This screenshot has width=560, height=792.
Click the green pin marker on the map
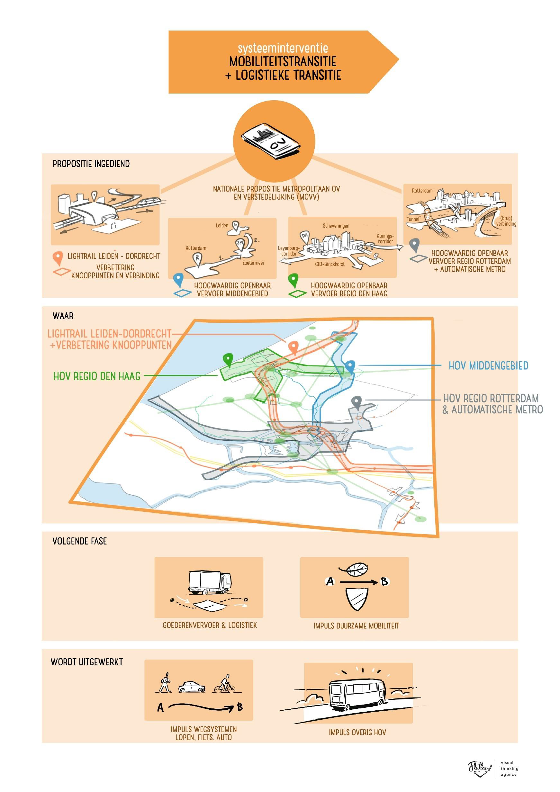228,359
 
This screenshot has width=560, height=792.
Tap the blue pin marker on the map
350,366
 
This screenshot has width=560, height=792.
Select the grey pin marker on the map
357,402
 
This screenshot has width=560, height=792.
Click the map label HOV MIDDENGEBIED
488,366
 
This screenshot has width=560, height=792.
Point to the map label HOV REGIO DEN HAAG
97,376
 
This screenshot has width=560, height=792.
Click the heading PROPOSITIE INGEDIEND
91,164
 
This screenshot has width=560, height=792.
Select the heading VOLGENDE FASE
80,541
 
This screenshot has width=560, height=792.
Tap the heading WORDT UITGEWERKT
86,662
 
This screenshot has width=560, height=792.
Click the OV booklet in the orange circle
274,141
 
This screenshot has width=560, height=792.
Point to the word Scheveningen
336,226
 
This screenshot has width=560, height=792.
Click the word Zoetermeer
253,263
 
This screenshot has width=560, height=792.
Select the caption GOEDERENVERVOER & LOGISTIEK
210,625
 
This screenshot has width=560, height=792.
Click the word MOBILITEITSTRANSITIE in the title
283,62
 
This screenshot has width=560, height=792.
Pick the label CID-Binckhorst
330,264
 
